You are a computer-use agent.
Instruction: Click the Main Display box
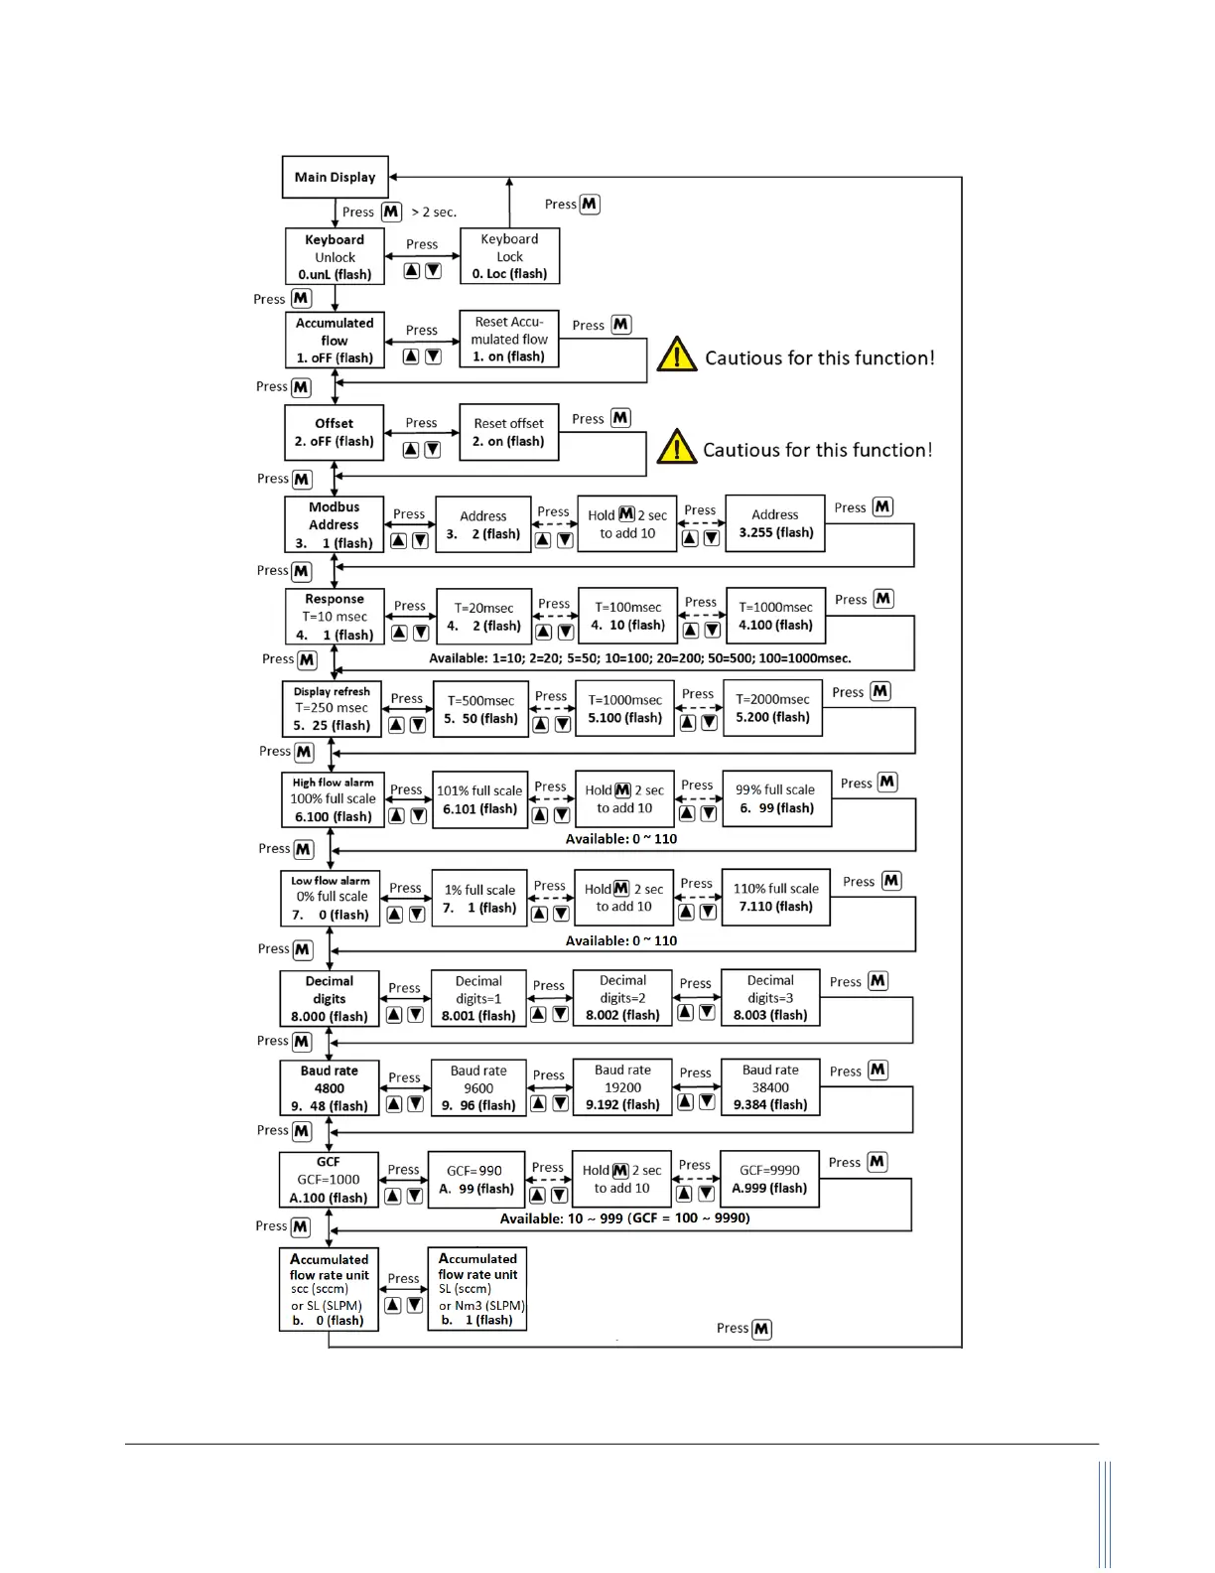click(x=335, y=177)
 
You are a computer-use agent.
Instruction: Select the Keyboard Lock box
click(x=509, y=256)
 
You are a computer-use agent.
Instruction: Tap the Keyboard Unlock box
click(x=335, y=257)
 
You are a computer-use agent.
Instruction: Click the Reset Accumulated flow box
click(x=509, y=340)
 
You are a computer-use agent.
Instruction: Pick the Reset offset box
click(x=509, y=432)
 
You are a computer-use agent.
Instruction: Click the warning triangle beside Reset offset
click(x=676, y=448)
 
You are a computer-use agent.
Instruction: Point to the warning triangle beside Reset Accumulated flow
click(x=677, y=355)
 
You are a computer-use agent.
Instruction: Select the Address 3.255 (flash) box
click(x=775, y=523)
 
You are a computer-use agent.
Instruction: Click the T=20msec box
click(x=483, y=617)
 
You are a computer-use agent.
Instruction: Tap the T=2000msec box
click(x=772, y=708)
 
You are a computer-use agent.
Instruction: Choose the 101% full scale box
click(x=479, y=799)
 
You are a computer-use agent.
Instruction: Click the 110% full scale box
click(x=776, y=898)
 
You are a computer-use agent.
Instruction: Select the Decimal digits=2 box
click(x=622, y=998)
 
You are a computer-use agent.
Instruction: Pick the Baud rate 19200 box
click(x=622, y=1087)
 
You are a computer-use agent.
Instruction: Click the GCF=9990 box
click(x=769, y=1179)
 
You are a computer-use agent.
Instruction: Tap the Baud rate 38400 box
click(x=770, y=1087)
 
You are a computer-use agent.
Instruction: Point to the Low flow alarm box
click(x=331, y=898)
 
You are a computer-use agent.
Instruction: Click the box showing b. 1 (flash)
click(x=477, y=1289)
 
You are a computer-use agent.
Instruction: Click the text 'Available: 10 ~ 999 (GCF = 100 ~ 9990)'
click(x=624, y=1218)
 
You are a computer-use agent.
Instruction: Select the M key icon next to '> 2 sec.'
click(x=391, y=212)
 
